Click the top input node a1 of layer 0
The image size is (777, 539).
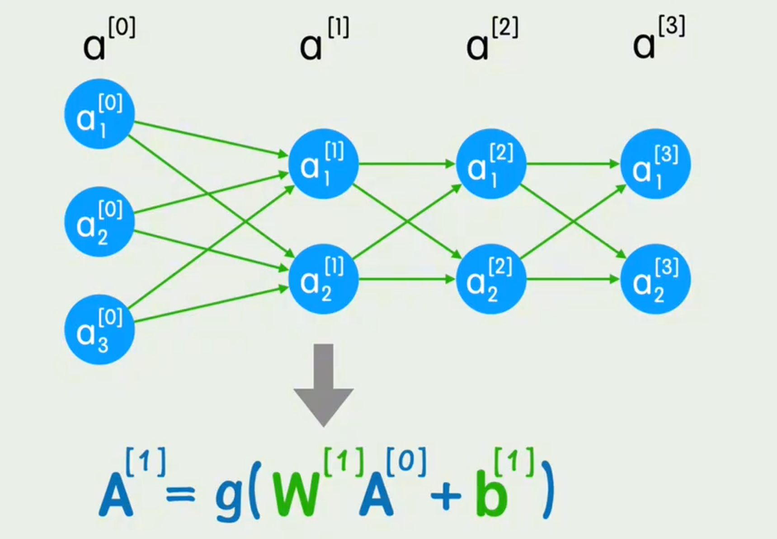(x=99, y=114)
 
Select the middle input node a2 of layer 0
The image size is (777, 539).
(x=99, y=222)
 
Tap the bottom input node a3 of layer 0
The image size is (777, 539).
(x=99, y=330)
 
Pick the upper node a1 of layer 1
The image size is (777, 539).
(x=324, y=164)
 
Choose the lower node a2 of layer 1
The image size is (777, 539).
(x=324, y=279)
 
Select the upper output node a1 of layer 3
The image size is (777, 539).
(x=655, y=164)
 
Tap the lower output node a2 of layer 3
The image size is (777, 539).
(x=655, y=279)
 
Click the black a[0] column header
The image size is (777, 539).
(x=108, y=40)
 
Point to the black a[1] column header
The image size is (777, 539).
(x=324, y=40)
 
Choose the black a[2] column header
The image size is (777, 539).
(x=491, y=40)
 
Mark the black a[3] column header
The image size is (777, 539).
(x=658, y=39)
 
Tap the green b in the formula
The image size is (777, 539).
(x=491, y=494)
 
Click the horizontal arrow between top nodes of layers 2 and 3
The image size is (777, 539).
(x=573, y=164)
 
